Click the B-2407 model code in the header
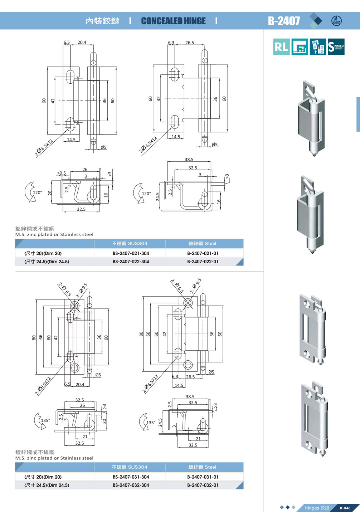[x=284, y=21]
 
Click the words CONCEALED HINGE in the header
[x=174, y=21]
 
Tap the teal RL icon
[x=281, y=47]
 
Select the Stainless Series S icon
[x=336, y=47]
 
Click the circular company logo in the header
[x=336, y=21]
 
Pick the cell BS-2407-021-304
[x=131, y=253]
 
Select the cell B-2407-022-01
[x=203, y=262]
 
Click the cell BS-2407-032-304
[x=131, y=485]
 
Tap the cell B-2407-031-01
[x=203, y=477]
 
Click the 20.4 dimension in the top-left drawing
[x=82, y=42]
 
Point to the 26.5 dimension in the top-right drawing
[x=190, y=43]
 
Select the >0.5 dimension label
[x=62, y=173]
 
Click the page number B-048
[x=345, y=508]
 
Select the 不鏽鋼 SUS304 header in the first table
[x=130, y=243]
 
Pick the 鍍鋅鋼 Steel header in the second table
[x=202, y=467]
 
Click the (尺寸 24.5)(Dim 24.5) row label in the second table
[x=47, y=485]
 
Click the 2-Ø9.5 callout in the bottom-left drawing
[x=81, y=290]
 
